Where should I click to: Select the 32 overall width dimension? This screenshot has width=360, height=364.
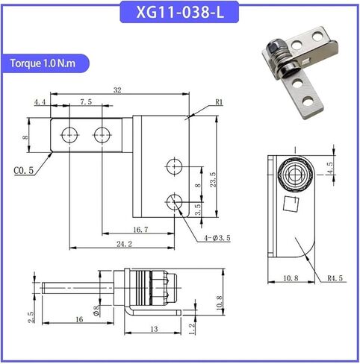pyautogui.click(x=117, y=90)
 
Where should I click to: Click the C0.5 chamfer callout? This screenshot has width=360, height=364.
pyautogui.click(x=25, y=170)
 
